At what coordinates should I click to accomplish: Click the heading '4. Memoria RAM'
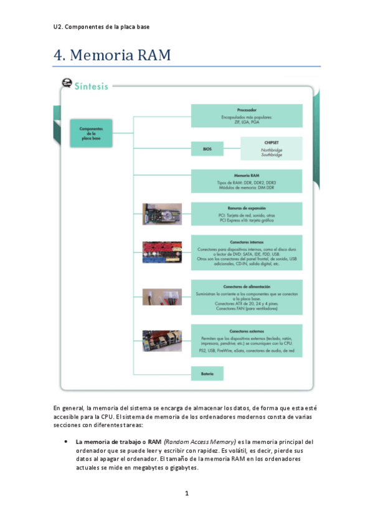tap(112, 55)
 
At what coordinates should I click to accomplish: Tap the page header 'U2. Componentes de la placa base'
tap(102, 27)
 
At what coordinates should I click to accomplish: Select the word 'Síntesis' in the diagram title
tap(91, 86)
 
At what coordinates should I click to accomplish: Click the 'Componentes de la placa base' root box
tap(91, 133)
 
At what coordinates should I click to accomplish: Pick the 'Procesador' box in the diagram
tap(247, 116)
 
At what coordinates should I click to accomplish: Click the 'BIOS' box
tap(207, 149)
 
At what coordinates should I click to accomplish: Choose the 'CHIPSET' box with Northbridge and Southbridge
tap(271, 149)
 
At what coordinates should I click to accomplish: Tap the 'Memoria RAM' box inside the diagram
tap(247, 181)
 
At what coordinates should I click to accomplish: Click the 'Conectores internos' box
tap(247, 252)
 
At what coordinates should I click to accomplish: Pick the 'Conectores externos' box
tap(247, 341)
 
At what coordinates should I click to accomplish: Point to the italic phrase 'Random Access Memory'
tap(200, 441)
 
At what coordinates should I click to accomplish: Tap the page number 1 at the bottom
tap(186, 493)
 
